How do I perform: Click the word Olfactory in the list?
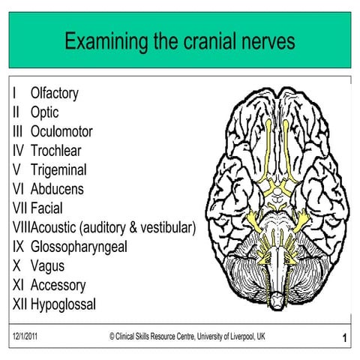[x=54, y=94]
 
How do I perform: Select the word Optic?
[x=45, y=112]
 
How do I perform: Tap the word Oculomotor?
[x=61, y=132]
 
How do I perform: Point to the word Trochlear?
[x=57, y=151]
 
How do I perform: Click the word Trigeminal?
[x=58, y=170]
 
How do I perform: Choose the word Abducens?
[x=57, y=189]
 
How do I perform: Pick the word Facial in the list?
[x=46, y=208]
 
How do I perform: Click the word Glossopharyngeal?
[x=79, y=247]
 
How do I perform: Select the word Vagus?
[x=48, y=265]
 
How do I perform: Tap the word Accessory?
[x=58, y=285]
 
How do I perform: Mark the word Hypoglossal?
[x=63, y=304]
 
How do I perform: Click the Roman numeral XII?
[x=19, y=304]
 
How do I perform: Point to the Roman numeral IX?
[x=17, y=247]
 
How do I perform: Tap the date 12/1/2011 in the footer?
[x=26, y=337]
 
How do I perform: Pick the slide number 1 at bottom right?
[x=343, y=339]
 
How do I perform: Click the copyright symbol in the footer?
[x=112, y=337]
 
